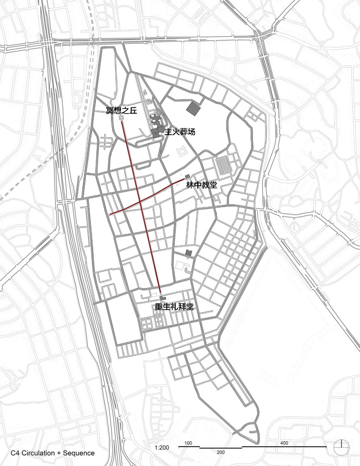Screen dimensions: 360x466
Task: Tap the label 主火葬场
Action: coord(179,132)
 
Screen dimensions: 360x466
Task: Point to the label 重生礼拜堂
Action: coord(174,307)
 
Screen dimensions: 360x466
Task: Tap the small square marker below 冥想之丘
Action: coord(122,118)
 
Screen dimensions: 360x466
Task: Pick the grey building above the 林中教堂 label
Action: coord(187,176)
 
